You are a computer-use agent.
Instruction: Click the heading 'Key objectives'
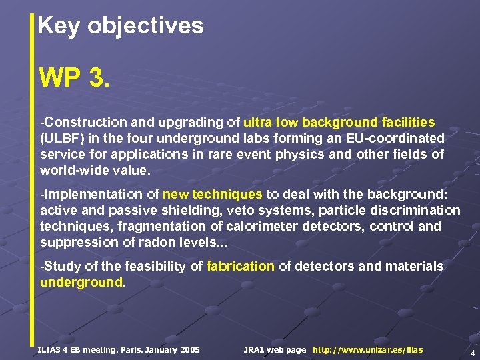[x=121, y=26]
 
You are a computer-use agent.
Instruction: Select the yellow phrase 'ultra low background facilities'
[x=339, y=123]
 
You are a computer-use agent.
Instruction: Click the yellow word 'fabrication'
[x=241, y=267]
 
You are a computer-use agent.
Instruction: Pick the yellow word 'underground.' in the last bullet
[x=83, y=282]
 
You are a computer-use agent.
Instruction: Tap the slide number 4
[x=472, y=353]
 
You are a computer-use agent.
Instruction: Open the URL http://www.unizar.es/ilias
[x=367, y=350]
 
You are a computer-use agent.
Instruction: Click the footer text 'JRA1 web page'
[x=275, y=350]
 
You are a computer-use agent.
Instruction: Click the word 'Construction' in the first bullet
[x=83, y=123]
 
